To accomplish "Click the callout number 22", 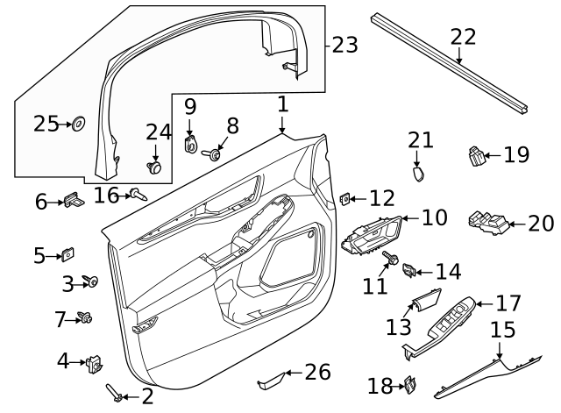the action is pyautogui.click(x=463, y=37).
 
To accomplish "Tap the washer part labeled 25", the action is pyautogui.click(x=78, y=125).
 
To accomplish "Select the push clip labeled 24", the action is pyautogui.click(x=155, y=167).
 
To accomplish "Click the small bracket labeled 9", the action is pyautogui.click(x=190, y=145).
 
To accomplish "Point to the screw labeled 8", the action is pyautogui.click(x=211, y=154).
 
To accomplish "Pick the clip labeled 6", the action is pyautogui.click(x=74, y=200).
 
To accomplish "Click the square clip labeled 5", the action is pyautogui.click(x=67, y=254).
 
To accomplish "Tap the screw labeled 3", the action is pyautogui.click(x=91, y=281).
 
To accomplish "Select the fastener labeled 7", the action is pyautogui.click(x=85, y=317).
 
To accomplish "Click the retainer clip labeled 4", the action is pyautogui.click(x=95, y=364).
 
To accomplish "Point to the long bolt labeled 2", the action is pyautogui.click(x=115, y=393).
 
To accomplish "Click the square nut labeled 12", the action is pyautogui.click(x=345, y=199).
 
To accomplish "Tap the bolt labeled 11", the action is pyautogui.click(x=390, y=258).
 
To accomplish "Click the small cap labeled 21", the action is pyautogui.click(x=418, y=174).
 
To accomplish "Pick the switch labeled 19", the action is pyautogui.click(x=477, y=156).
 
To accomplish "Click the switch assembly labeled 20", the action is pyautogui.click(x=488, y=223).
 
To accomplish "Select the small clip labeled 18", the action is pyautogui.click(x=410, y=385).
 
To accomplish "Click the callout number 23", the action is pyautogui.click(x=344, y=45).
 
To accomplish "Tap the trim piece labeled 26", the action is pyautogui.click(x=271, y=381).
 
